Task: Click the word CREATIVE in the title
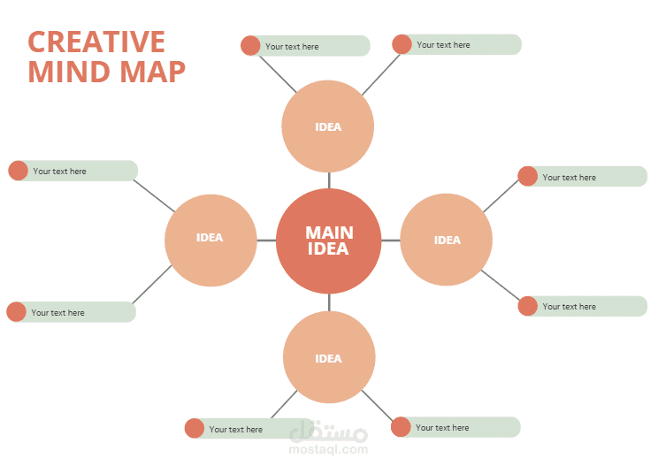[x=96, y=42]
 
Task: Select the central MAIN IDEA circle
[x=329, y=241]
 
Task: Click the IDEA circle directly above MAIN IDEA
[x=328, y=126]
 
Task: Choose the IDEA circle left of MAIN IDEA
[x=210, y=240]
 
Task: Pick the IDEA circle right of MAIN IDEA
[x=447, y=240]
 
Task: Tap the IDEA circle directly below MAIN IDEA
[x=329, y=358]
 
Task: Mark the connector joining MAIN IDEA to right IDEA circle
[x=391, y=241]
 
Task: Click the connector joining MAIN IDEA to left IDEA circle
[x=266, y=241]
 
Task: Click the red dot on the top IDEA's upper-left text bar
[x=250, y=45]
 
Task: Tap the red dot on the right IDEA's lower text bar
[x=527, y=306]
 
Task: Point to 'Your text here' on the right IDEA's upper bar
[x=569, y=177]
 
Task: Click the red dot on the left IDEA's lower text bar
[x=16, y=311]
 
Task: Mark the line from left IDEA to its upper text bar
[x=154, y=195]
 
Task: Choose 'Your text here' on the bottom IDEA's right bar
[x=442, y=428]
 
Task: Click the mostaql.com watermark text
[x=329, y=449]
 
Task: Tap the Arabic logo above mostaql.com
[x=329, y=432]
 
